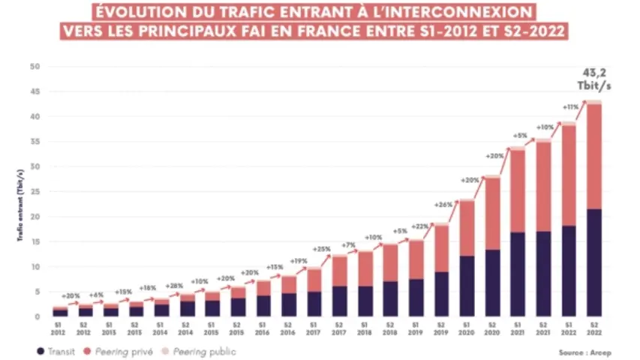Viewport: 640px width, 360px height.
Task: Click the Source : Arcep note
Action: coord(582,351)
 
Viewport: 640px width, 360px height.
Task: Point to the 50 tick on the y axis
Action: coord(34,67)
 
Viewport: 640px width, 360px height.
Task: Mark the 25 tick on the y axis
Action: coord(34,192)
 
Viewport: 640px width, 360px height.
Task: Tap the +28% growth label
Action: coord(176,286)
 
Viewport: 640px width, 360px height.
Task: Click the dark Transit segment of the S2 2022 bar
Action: coord(595,262)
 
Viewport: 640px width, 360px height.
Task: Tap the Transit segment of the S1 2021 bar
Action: coord(518,274)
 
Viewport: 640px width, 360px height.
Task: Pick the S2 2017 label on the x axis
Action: coord(339,327)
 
